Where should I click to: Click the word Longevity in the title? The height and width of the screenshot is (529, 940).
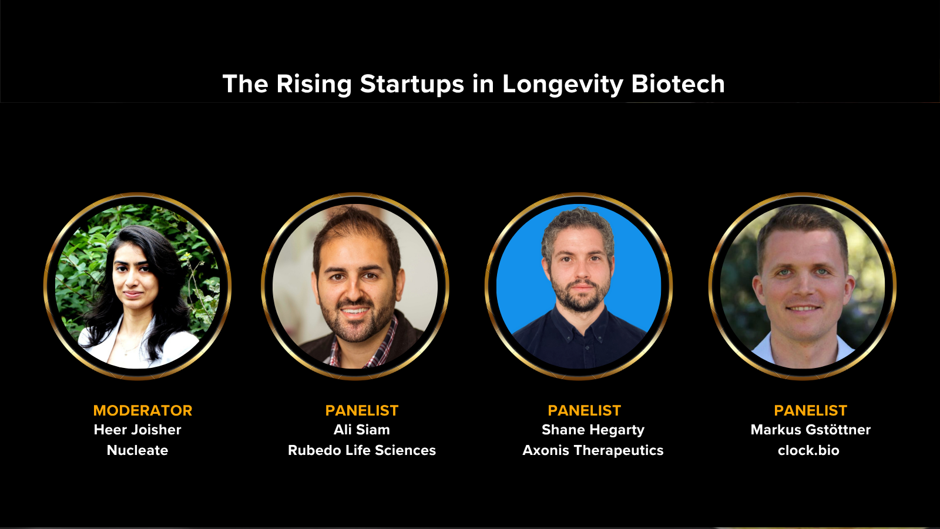(562, 84)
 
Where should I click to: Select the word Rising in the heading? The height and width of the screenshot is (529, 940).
(314, 84)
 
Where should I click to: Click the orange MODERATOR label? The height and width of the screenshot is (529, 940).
(143, 410)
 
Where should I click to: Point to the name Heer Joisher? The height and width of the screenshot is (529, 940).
(137, 430)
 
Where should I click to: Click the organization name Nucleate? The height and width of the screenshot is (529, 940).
(137, 450)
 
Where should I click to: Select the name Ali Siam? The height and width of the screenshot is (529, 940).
(362, 430)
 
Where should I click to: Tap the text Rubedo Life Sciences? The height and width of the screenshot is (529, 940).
(362, 450)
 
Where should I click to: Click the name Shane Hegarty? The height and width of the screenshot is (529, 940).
(593, 430)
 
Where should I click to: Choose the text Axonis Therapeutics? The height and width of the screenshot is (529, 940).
(593, 450)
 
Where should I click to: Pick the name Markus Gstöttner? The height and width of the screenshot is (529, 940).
(810, 430)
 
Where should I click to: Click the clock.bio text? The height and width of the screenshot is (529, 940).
(808, 450)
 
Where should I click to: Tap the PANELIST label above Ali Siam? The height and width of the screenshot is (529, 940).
(362, 410)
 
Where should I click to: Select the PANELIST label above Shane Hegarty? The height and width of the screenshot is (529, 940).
(584, 410)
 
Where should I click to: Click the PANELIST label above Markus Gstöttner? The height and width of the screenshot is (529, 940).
(810, 410)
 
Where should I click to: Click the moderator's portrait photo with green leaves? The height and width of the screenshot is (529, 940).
(137, 286)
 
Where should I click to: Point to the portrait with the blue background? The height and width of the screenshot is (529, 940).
(579, 286)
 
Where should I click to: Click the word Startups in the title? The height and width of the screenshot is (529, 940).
(412, 84)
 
